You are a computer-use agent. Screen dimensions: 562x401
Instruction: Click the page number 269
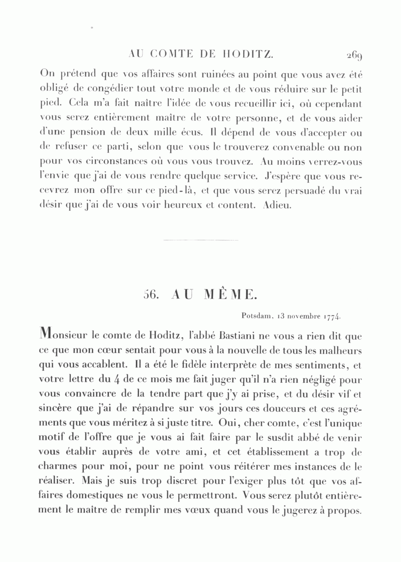[x=354, y=55]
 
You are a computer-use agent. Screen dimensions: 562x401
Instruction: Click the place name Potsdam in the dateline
[x=257, y=316]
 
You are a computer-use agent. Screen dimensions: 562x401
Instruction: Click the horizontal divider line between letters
[x=201, y=241]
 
